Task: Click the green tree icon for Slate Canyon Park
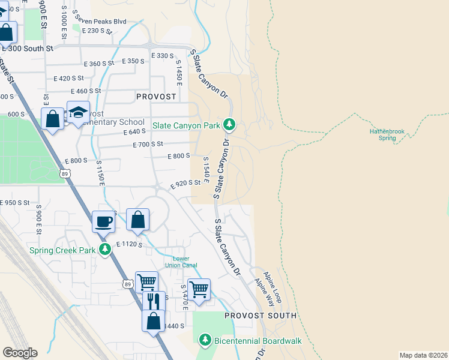click(228, 125)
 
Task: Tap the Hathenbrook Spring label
click(387, 134)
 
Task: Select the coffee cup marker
click(103, 221)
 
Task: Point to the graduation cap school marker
click(77, 113)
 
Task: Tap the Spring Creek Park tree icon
click(106, 250)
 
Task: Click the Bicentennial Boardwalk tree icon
click(205, 340)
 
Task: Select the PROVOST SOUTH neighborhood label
click(261, 315)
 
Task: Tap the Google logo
click(20, 352)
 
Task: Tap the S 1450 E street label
click(178, 72)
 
